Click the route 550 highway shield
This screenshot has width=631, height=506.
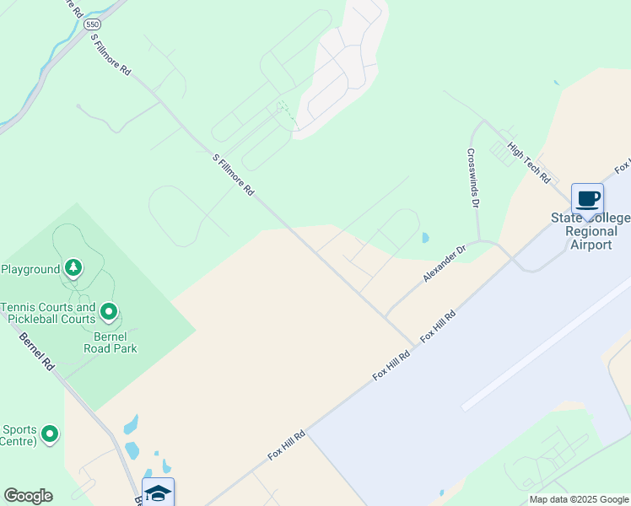click(93, 26)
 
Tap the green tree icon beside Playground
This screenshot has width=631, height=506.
click(74, 268)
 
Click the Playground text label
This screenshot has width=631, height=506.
click(30, 269)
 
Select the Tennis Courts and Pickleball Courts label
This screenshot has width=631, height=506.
click(48, 313)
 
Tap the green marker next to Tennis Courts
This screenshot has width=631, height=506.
click(108, 313)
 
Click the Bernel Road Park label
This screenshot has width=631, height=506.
click(110, 342)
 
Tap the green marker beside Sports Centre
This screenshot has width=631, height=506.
click(50, 434)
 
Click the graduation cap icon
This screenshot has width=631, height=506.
click(158, 492)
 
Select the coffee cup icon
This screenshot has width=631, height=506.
click(587, 199)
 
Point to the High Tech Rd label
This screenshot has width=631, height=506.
click(529, 162)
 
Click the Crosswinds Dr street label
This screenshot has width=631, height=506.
click(472, 179)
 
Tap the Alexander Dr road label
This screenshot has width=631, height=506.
click(445, 264)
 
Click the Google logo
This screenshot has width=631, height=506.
click(28, 496)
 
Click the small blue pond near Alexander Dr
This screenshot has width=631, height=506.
click(424, 238)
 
